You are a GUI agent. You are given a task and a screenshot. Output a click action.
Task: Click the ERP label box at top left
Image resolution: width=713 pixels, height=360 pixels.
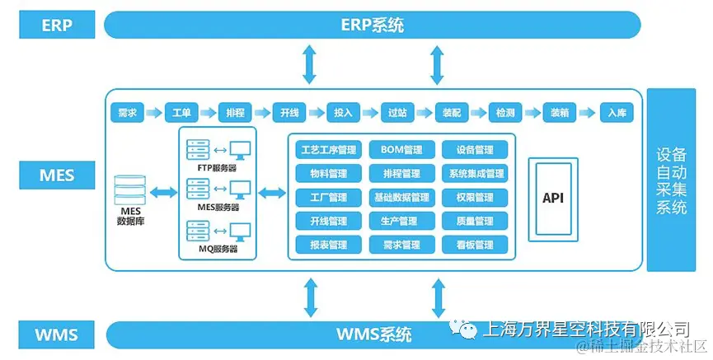click(57, 25)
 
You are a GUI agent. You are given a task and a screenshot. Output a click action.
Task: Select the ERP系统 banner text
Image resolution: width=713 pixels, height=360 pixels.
click(373, 25)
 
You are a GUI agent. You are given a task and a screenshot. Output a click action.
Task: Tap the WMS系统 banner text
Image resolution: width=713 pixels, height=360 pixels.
click(373, 334)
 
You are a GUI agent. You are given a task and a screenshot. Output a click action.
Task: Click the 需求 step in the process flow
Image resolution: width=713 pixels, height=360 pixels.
click(128, 113)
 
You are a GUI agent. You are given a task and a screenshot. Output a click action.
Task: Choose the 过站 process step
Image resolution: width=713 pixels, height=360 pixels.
click(397, 113)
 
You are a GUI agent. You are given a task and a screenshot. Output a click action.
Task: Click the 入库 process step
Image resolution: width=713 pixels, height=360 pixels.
click(615, 113)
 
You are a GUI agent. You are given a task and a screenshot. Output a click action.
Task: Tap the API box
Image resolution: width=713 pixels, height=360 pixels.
click(553, 198)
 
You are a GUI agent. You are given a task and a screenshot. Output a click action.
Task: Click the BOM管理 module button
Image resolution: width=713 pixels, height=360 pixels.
click(401, 150)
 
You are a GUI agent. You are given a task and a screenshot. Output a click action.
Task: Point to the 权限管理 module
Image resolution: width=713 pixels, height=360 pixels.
click(474, 198)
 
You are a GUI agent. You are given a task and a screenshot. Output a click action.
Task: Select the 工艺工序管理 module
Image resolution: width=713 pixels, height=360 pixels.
click(328, 150)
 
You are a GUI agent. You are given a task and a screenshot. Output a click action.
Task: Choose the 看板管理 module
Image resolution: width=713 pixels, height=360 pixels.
click(474, 245)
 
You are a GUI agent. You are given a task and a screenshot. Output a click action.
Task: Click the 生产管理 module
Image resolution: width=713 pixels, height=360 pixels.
click(401, 221)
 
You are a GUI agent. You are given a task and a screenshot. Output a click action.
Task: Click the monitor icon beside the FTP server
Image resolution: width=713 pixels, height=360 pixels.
click(240, 151)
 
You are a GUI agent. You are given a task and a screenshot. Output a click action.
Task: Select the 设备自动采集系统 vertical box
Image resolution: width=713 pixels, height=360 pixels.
click(671, 180)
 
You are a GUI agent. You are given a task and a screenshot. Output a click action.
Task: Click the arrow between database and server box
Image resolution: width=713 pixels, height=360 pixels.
click(164, 192)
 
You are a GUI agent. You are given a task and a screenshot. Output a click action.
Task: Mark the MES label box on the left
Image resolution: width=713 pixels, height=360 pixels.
click(57, 175)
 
